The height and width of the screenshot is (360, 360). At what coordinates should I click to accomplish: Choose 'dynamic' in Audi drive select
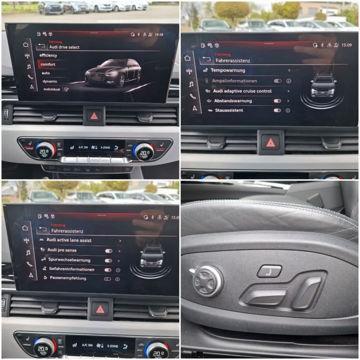[50, 81]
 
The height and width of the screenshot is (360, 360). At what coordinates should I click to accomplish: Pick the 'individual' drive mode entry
[52, 89]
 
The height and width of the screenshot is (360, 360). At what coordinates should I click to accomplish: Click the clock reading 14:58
[159, 35]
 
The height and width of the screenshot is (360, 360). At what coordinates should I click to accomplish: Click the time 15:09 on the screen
[346, 45]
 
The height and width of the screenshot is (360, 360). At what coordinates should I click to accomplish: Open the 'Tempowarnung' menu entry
[228, 70]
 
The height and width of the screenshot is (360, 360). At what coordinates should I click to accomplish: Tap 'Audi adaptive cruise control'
[242, 91]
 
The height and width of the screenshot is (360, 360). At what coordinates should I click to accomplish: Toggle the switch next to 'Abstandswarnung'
[277, 101]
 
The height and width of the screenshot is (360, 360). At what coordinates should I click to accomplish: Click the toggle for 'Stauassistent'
[277, 111]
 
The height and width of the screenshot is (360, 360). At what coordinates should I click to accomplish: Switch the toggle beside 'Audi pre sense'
[108, 251]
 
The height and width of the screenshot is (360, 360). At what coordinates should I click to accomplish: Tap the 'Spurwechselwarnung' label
[69, 260]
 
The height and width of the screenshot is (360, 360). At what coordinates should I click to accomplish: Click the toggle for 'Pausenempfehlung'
[108, 278]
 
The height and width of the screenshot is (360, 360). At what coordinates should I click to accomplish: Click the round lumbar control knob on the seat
[207, 281]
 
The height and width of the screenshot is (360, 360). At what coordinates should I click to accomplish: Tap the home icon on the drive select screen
[26, 45]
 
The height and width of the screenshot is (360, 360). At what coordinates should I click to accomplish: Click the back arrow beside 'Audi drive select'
[42, 46]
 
